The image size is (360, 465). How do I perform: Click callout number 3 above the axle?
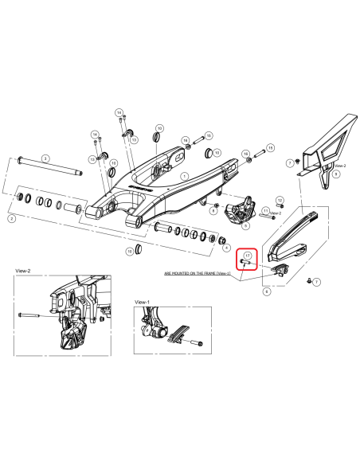(45, 158)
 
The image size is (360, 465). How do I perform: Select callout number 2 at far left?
(11, 217)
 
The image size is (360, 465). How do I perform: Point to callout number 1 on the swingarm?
(182, 178)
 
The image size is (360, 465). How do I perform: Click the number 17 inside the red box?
(248, 255)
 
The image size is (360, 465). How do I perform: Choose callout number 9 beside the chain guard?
(336, 172)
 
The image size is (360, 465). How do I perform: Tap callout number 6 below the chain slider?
(266, 291)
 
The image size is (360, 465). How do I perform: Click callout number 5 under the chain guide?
(245, 226)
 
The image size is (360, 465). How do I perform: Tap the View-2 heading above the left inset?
(23, 271)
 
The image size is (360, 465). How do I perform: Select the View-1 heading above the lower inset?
(143, 303)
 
